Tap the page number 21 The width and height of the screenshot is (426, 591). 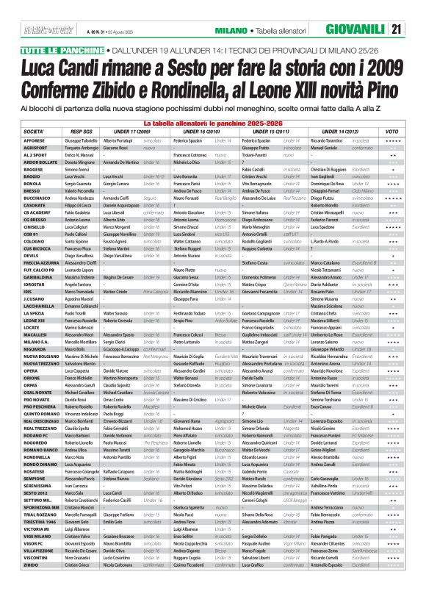[415, 29]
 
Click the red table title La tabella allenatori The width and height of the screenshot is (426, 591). [212, 122]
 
